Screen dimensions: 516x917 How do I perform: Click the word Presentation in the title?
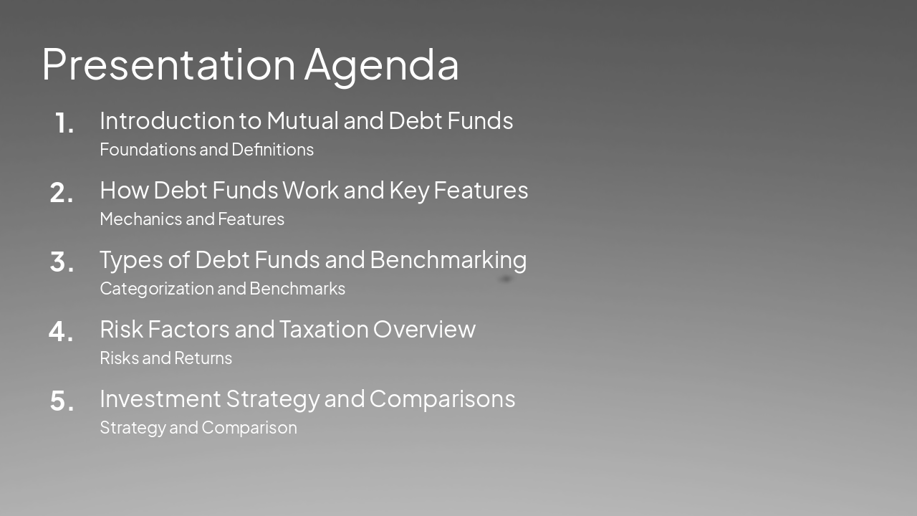pyautogui.click(x=168, y=64)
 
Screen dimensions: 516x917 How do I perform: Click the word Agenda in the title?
pyautogui.click(x=381, y=64)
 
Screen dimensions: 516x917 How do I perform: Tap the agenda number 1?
pyautogui.click(x=64, y=123)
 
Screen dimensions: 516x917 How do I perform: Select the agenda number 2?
pyautogui.click(x=62, y=193)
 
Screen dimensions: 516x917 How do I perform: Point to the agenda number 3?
pyautogui.click(x=62, y=262)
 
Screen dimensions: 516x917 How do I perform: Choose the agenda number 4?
pyautogui.click(x=61, y=332)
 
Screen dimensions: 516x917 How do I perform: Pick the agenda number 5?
pyautogui.click(x=62, y=401)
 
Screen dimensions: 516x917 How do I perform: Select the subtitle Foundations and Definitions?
pyautogui.click(x=206, y=150)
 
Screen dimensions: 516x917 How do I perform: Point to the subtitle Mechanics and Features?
pyautogui.click(x=192, y=219)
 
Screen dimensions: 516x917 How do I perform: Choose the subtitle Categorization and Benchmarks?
pyautogui.click(x=222, y=289)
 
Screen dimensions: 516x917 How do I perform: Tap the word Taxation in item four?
pyautogui.click(x=323, y=330)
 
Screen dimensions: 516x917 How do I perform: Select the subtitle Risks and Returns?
pyautogui.click(x=165, y=358)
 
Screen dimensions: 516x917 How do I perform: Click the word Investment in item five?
pyautogui.click(x=160, y=399)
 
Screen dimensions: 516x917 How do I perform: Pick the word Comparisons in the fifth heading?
pyautogui.click(x=442, y=399)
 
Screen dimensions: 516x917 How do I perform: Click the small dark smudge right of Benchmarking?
pyautogui.click(x=506, y=279)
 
